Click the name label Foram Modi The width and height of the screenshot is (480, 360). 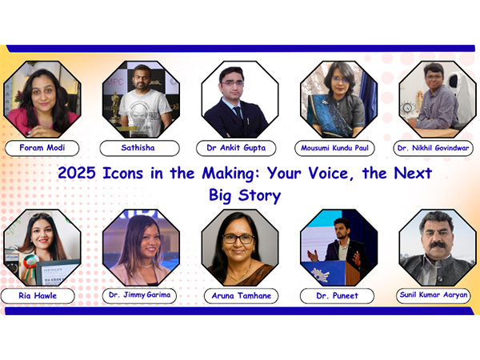pos(42,148)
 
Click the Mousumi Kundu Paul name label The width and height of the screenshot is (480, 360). pos(338,148)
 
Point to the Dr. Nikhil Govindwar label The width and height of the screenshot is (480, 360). pos(436,148)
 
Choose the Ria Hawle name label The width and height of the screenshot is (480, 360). pos(42,295)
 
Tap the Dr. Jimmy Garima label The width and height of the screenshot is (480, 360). pos(141,295)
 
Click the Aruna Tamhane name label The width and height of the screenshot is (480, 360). pos(240,295)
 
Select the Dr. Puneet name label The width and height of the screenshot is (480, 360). pos(338,295)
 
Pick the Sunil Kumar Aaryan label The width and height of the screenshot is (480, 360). pos(436,295)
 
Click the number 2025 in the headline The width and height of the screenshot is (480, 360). pos(78,173)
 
